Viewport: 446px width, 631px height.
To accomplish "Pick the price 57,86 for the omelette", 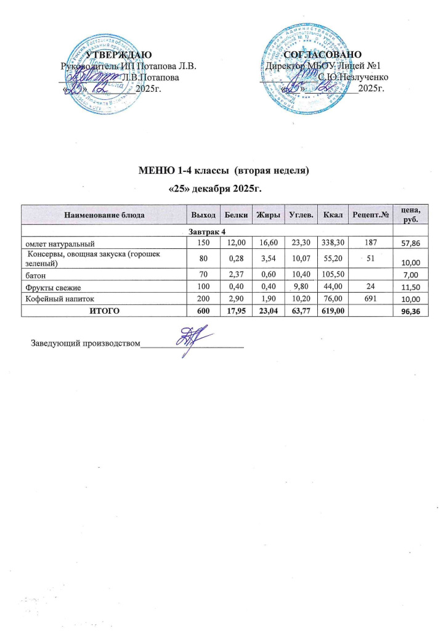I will [x=408, y=245].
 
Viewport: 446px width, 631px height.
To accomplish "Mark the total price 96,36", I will [x=408, y=312].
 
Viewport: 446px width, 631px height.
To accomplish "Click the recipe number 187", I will [x=368, y=244].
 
